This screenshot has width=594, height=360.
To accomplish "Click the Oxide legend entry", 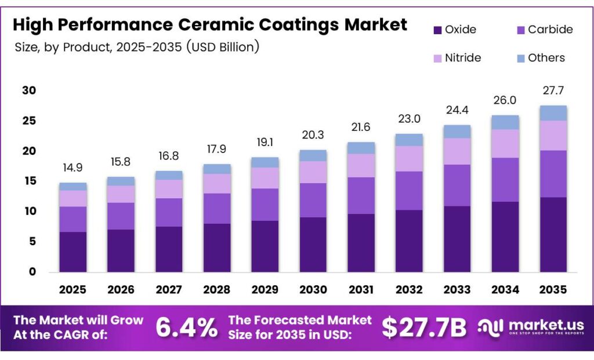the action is point(455,30).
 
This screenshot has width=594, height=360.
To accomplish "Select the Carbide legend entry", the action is point(545,30).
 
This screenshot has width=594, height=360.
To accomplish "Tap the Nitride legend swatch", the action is point(437,59).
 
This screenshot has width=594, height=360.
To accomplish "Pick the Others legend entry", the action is point(541,58).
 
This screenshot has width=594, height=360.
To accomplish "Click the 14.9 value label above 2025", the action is point(73,168).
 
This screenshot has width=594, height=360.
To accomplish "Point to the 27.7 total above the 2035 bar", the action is point(553,90).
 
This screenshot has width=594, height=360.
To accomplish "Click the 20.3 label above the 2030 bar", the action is point(313,135).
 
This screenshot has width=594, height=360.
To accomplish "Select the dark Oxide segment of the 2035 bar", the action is point(553,235).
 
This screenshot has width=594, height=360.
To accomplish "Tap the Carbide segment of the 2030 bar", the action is point(313,200).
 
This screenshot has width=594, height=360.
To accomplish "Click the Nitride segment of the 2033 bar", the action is point(457,151).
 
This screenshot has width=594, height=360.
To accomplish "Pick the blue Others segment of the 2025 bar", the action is point(73,187).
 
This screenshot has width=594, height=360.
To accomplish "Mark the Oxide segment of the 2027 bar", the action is point(169,249).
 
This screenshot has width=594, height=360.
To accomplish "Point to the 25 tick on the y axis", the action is point(29,121).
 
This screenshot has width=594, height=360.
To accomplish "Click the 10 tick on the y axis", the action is point(30,211).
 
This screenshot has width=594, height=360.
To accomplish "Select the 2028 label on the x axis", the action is point(217,290).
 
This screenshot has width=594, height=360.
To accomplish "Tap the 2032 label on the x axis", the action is point(409,290).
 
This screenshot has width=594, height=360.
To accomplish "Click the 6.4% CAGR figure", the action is point(187,327).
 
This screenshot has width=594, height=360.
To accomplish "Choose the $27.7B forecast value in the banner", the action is point(424,327).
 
